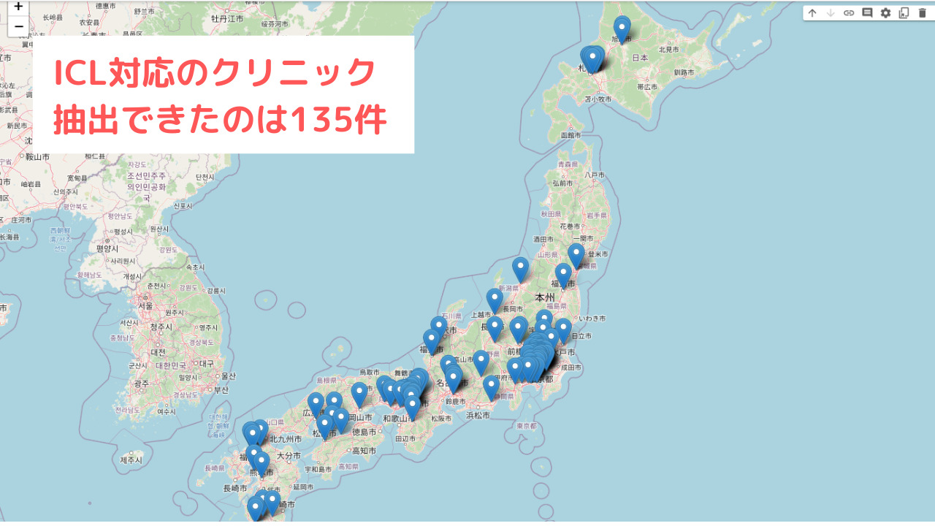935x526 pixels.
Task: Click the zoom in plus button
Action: click(18, 7)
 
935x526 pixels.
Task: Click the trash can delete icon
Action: click(922, 12)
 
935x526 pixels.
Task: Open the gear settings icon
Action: click(885, 12)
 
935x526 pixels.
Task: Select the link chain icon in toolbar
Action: click(849, 12)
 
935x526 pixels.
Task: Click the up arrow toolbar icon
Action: click(812, 12)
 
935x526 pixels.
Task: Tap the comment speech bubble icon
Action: click(867, 12)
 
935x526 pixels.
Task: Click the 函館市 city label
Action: click(571, 135)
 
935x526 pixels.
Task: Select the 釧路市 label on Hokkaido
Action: click(685, 72)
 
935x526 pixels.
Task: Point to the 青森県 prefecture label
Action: click(568, 165)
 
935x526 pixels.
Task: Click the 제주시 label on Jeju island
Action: click(131, 460)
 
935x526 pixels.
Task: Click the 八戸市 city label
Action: click(595, 175)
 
